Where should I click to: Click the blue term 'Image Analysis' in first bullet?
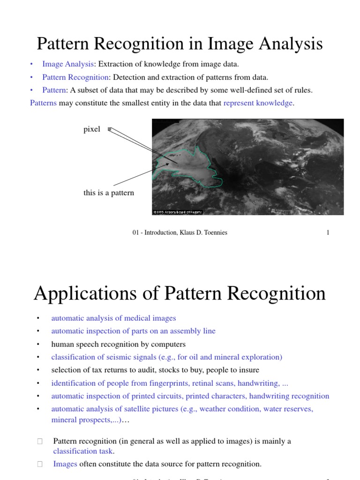click(68, 64)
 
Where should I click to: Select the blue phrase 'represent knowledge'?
click(258, 103)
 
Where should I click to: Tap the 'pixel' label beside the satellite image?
click(91, 129)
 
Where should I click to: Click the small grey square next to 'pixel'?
click(109, 129)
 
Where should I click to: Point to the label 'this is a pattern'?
click(108, 193)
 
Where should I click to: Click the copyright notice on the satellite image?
click(178, 212)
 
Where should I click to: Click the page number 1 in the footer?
click(328, 233)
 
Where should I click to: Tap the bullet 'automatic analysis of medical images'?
click(113, 318)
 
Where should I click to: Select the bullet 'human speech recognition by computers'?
click(118, 344)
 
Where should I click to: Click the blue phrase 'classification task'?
click(83, 451)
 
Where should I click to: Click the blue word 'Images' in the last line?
click(65, 464)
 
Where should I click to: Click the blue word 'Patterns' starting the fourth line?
click(43, 103)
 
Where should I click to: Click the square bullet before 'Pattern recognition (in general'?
click(40, 442)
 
